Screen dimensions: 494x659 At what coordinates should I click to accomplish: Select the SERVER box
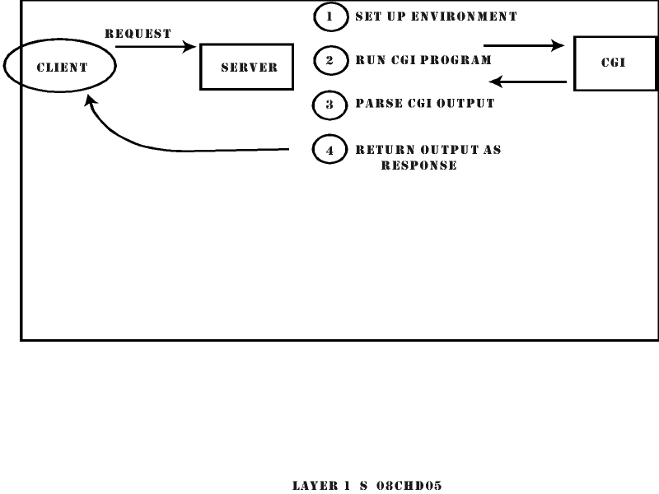pyautogui.click(x=247, y=68)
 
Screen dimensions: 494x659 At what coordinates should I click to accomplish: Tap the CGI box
pyautogui.click(x=615, y=63)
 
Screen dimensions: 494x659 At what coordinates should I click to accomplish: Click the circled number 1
pyautogui.click(x=329, y=16)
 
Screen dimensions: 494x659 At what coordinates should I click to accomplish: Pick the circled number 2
pyautogui.click(x=329, y=60)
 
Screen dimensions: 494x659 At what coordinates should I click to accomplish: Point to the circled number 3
pyautogui.click(x=329, y=105)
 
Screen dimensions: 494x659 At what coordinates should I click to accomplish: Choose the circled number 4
pyautogui.click(x=329, y=151)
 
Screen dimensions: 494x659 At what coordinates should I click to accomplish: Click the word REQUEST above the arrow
pyautogui.click(x=138, y=34)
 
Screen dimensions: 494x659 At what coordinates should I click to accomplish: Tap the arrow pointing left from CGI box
pyautogui.click(x=527, y=82)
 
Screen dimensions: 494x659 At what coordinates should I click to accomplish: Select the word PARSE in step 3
pyautogui.click(x=374, y=105)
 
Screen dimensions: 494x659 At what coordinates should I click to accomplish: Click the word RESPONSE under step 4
pyautogui.click(x=418, y=165)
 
